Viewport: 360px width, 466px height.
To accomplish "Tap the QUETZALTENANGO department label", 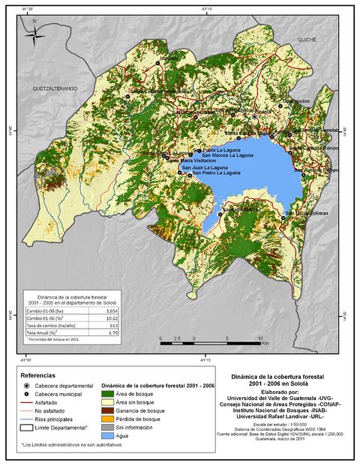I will (55, 88).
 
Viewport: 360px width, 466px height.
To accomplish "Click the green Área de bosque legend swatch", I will (107, 394).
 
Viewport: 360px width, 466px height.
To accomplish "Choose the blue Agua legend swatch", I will (107, 435).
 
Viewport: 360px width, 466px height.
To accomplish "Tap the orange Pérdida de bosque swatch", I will (107, 419).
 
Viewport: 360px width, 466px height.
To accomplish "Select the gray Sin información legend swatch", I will (107, 427).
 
